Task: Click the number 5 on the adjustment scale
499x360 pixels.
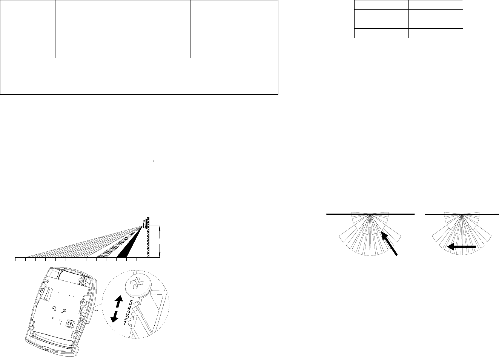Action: tap(130, 303)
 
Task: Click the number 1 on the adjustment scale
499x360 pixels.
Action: tap(125, 323)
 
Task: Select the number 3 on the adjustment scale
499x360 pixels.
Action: tap(127, 313)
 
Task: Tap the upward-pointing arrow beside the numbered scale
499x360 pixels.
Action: tap(118, 302)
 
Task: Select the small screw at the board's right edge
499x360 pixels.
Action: tap(85, 303)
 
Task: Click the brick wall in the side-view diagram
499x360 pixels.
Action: tap(148, 238)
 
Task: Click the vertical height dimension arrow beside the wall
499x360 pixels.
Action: tap(161, 241)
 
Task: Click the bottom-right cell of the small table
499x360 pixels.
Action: tap(436, 33)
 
